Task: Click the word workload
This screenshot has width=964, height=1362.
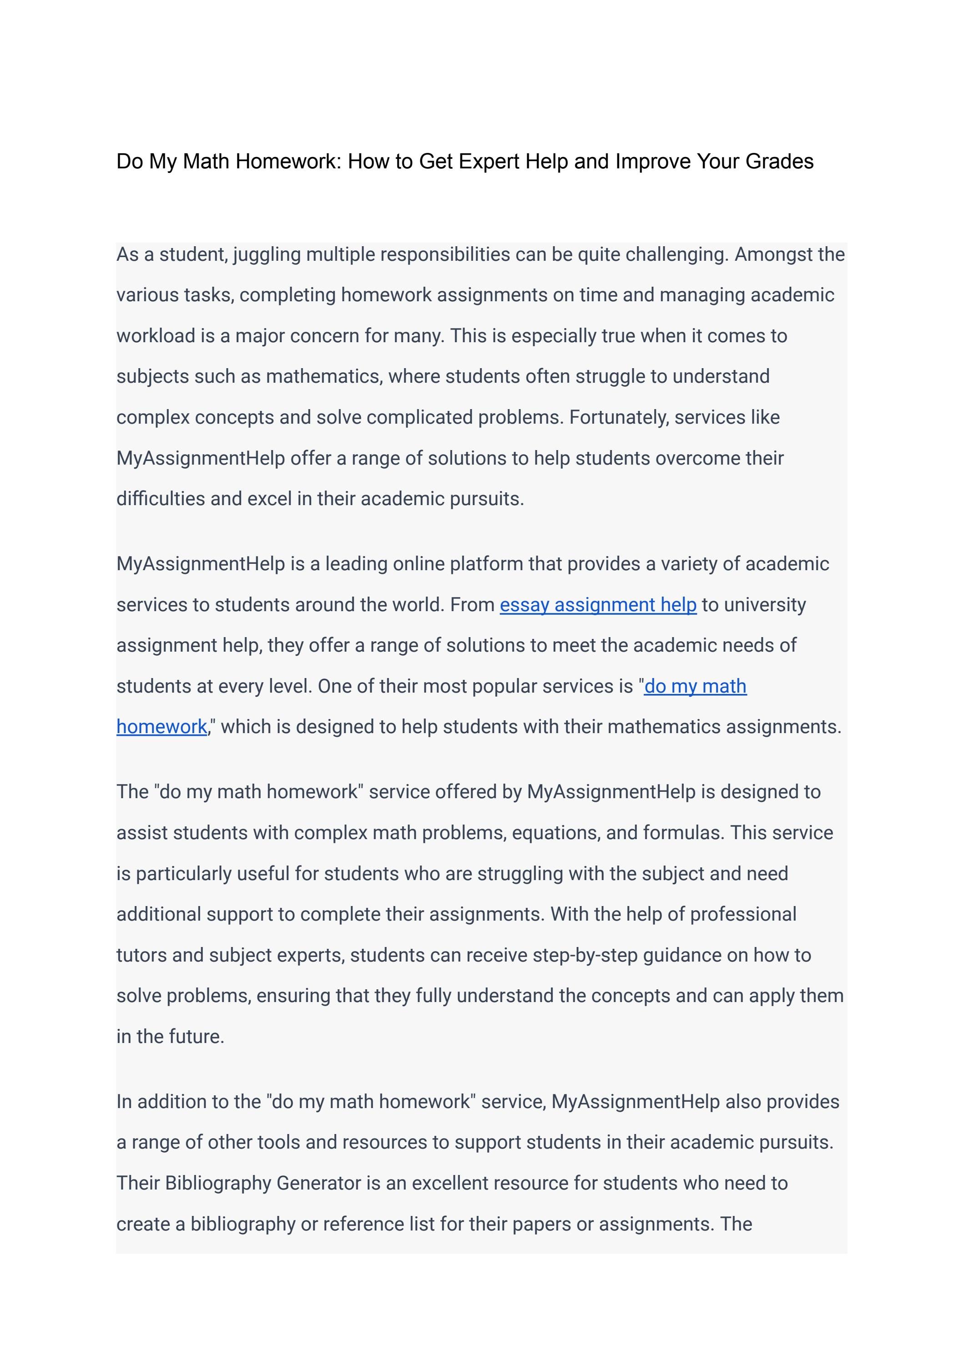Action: point(156,336)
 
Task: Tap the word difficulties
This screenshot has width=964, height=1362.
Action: point(160,499)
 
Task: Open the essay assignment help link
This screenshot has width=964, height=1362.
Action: point(598,604)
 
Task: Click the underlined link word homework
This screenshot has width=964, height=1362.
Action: point(162,727)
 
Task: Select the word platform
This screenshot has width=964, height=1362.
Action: point(486,564)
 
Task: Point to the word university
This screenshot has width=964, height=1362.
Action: point(765,604)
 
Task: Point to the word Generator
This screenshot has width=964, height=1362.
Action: point(319,1183)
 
